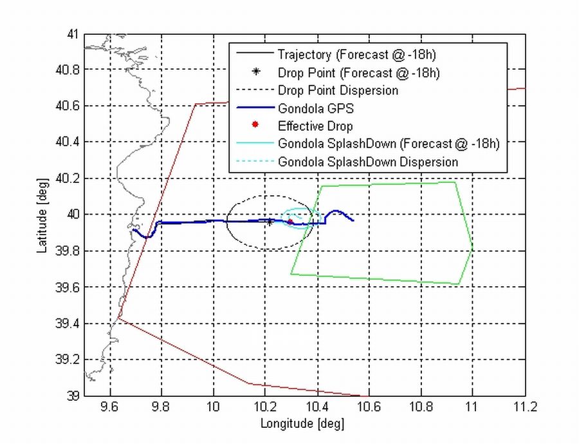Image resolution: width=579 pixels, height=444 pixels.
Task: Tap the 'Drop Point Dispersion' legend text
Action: pos(338,90)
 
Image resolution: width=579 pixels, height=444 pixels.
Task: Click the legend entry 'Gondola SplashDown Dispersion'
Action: pos(368,162)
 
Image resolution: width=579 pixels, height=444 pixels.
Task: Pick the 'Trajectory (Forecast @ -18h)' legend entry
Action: pos(349,54)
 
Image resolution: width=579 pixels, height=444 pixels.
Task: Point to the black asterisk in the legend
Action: pos(255,72)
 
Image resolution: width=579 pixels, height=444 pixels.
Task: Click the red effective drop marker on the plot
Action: pos(290,222)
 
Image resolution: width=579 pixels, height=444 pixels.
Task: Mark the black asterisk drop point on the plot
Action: pos(270,222)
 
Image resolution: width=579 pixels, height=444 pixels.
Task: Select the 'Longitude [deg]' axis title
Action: pos(302,423)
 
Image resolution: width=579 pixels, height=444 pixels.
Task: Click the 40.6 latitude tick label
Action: pos(68,106)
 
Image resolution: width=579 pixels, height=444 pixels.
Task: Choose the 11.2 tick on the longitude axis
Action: pos(525,407)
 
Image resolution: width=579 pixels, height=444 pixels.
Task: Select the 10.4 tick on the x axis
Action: pos(317,407)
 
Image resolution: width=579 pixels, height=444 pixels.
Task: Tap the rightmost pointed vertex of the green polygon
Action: pos(473,247)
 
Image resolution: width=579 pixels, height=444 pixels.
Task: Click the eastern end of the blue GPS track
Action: pos(353,220)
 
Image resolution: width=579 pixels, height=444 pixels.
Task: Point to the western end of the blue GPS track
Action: pos(133,230)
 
